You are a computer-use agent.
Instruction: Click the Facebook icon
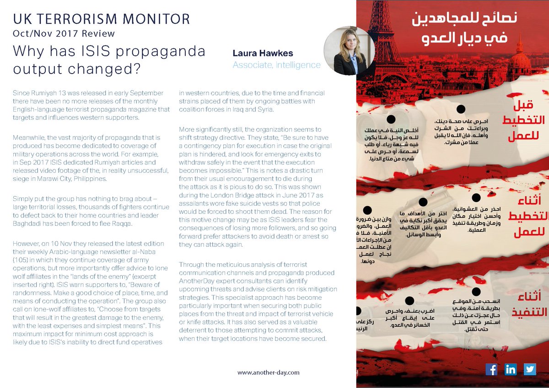tap(491, 369)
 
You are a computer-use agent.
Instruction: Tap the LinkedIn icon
tap(511, 369)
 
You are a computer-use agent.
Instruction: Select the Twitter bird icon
tap(530, 369)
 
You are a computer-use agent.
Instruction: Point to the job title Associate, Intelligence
tap(276, 65)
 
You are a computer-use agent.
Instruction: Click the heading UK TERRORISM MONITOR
tap(101, 19)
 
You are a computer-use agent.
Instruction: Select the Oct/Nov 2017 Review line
tap(64, 34)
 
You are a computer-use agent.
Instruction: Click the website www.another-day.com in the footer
tap(269, 372)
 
